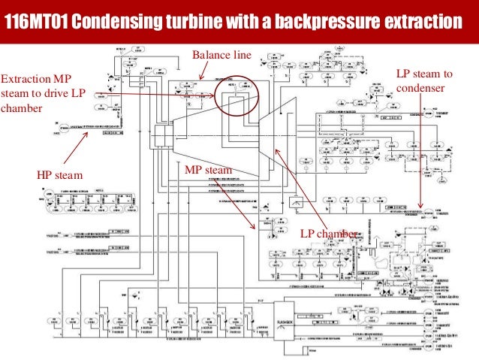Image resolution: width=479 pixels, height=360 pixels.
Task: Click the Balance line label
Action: pyautogui.click(x=221, y=54)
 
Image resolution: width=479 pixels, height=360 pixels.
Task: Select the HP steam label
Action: pyautogui.click(x=60, y=175)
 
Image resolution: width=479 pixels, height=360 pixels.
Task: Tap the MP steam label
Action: pyautogui.click(x=208, y=170)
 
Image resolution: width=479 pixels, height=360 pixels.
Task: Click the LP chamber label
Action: pyautogui.click(x=329, y=234)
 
